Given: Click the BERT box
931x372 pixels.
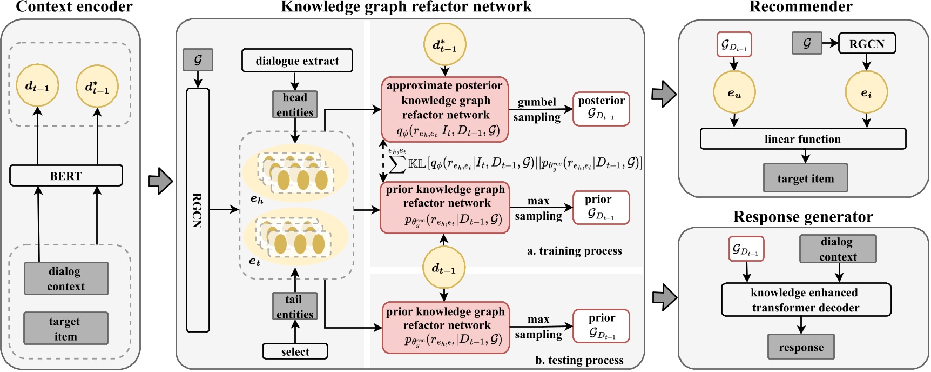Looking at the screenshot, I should [x=66, y=176].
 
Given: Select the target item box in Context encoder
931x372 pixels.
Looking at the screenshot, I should [x=65, y=328].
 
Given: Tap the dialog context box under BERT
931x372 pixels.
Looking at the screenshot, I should [x=65, y=278].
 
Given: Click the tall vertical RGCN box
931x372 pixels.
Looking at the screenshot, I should [x=198, y=210].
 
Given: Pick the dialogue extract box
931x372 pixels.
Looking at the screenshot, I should [x=297, y=61].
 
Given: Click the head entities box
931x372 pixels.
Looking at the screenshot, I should [x=295, y=104].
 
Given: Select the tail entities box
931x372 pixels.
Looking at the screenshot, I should [x=294, y=307].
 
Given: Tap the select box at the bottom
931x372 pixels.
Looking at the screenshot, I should [x=295, y=351].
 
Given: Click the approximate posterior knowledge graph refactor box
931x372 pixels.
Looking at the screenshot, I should [x=445, y=109].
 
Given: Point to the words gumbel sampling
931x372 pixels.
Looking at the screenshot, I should [x=536, y=109].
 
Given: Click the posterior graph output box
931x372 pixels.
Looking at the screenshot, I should [x=601, y=108].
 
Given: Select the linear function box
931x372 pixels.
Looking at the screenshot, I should [x=802, y=139].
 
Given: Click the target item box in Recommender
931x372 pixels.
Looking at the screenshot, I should [x=805, y=178].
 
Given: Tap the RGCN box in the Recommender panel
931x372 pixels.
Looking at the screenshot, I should [x=866, y=44].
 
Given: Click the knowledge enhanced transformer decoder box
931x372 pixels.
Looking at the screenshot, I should [x=806, y=300].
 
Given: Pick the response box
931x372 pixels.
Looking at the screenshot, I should [x=801, y=347].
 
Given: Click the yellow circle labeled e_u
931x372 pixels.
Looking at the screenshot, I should [x=734, y=92].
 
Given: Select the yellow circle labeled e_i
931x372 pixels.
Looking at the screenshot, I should [x=866, y=92].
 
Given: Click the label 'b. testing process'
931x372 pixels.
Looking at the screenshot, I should [x=579, y=360].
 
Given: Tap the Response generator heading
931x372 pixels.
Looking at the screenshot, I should [x=802, y=217].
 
